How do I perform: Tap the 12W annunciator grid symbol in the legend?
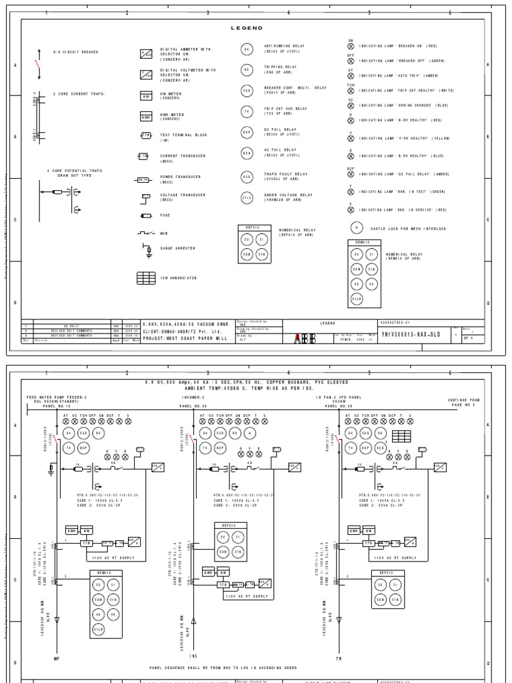tap(146, 277)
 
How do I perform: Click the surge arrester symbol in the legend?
tap(148, 249)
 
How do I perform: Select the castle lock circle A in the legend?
tap(357, 227)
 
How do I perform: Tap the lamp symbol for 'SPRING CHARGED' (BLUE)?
tap(351, 105)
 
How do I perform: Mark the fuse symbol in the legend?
tap(146, 216)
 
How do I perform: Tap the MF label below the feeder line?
tap(56, 658)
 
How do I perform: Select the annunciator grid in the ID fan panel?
tap(401, 435)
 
